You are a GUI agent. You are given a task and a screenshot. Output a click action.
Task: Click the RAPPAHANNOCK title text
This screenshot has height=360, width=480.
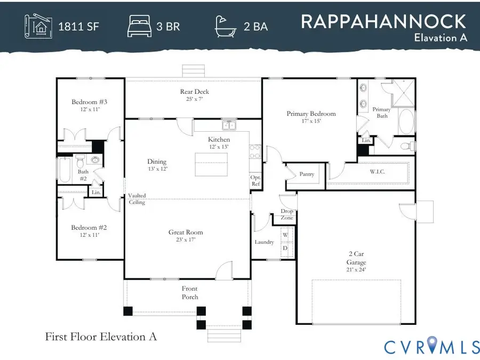click(x=383, y=21)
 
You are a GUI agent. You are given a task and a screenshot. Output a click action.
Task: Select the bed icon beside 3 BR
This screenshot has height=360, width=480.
click(x=140, y=26)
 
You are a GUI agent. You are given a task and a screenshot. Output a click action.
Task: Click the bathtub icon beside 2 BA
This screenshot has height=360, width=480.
click(x=226, y=26)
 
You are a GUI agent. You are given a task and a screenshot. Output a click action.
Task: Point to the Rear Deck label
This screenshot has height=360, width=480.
click(x=194, y=92)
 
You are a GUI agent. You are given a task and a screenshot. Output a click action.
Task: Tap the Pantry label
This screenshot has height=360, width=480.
click(x=307, y=174)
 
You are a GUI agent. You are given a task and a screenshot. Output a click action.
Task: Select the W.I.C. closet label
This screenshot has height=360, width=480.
click(x=378, y=172)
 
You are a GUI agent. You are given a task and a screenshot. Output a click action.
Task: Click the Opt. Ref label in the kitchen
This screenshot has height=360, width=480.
click(x=255, y=181)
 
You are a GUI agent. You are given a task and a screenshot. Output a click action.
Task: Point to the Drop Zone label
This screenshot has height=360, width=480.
click(x=287, y=214)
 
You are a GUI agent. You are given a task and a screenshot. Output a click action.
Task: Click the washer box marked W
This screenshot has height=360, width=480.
click(x=285, y=235)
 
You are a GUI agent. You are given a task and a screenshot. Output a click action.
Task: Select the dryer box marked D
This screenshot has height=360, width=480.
click(x=285, y=247)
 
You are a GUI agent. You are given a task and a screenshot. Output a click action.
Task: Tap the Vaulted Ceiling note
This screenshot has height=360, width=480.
click(x=137, y=199)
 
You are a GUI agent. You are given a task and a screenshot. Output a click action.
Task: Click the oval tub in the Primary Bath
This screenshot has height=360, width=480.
click(x=406, y=122)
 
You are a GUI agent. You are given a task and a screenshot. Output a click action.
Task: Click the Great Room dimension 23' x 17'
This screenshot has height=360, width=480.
click(x=186, y=240)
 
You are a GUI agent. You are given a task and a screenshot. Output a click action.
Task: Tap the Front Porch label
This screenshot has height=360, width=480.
click(x=190, y=293)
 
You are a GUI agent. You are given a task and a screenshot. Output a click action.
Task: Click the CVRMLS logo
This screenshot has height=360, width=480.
click(x=431, y=347)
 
